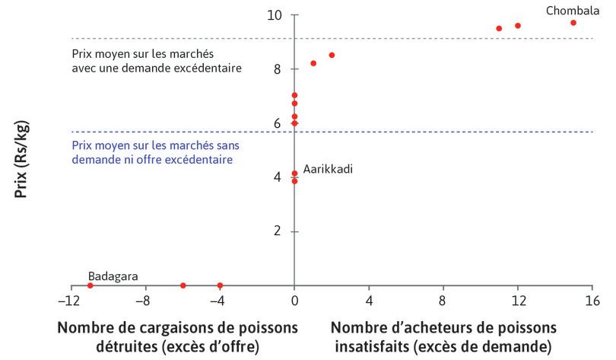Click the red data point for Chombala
coord(573,23)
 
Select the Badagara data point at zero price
coord(90,285)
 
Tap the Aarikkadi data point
coord(294,174)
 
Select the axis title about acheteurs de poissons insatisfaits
coord(444,337)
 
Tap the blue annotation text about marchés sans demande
coord(152,153)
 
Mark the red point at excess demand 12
coord(518,26)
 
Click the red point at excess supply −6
coord(183,285)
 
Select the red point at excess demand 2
coord(332,55)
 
